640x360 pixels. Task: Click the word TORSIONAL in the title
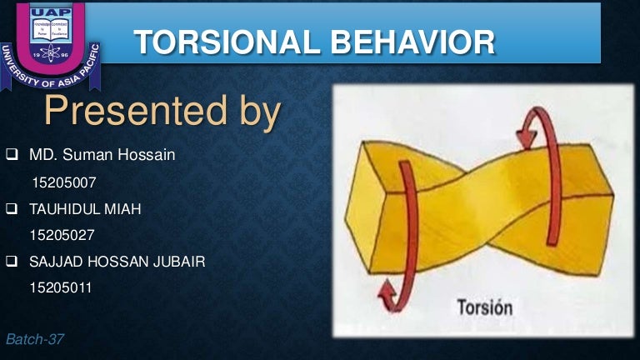(x=222, y=42)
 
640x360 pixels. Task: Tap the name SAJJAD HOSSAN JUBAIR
(x=117, y=262)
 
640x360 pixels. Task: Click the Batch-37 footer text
(x=34, y=339)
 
